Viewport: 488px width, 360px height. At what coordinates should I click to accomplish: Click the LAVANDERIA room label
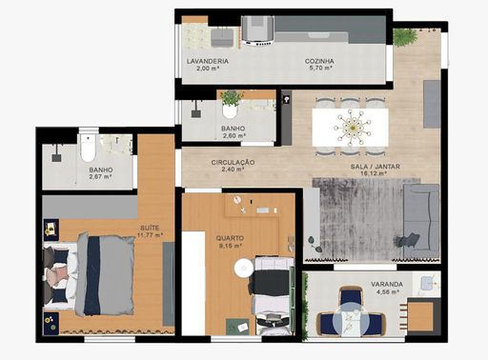[x=208, y=61]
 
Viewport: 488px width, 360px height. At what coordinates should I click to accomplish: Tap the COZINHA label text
[x=319, y=61]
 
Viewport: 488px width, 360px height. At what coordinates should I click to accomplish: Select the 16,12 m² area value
[x=374, y=173]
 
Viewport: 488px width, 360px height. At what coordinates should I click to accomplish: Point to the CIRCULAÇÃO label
[x=233, y=162]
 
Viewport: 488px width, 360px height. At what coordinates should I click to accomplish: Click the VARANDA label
[x=387, y=284]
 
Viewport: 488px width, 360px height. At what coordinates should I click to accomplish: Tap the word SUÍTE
[x=150, y=228]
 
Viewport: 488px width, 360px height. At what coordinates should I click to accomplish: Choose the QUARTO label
[x=230, y=238]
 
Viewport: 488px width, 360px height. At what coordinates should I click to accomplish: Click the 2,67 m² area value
[x=100, y=177]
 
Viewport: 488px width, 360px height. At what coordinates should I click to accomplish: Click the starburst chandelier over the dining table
[x=352, y=128]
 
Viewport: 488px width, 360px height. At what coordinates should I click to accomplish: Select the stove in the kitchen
[x=257, y=30]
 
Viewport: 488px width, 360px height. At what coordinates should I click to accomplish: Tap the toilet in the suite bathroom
[x=88, y=148]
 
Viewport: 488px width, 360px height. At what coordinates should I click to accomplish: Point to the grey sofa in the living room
[x=421, y=221]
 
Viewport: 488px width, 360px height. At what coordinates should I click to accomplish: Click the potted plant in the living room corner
[x=404, y=36]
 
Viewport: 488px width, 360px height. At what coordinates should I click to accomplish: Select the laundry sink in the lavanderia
[x=222, y=37]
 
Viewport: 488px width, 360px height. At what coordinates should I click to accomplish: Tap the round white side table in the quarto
[x=244, y=269]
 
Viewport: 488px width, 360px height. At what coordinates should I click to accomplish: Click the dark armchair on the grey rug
[x=408, y=240]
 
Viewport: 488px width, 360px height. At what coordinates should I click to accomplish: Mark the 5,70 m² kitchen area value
[x=321, y=68]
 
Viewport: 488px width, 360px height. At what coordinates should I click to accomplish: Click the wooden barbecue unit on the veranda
[x=420, y=316]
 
